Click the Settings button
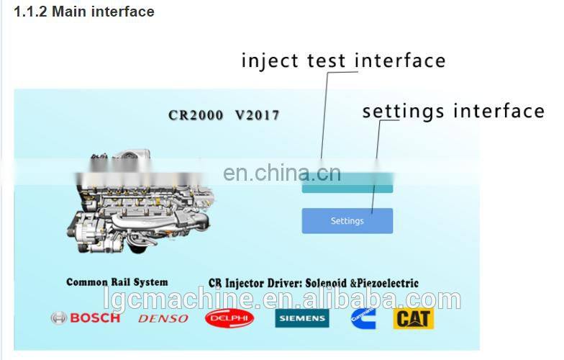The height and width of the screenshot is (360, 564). pos(347,221)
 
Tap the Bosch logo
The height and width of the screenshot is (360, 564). pos(86,318)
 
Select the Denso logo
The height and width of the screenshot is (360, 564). pos(163,318)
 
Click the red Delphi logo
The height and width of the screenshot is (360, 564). pos(229,318)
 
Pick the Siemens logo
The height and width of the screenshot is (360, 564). pos(301,318)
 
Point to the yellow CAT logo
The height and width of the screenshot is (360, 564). pos(413,318)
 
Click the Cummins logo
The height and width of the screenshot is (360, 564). pos(363,318)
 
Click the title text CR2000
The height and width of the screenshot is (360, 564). pos(196,115)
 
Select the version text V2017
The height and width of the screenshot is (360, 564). pos(257,115)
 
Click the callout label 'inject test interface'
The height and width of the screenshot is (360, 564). pos(343,60)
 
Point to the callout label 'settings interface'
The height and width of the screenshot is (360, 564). pos(453,112)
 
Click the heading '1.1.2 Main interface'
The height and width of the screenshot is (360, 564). pos(84,12)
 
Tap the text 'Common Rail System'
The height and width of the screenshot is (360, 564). pos(117,282)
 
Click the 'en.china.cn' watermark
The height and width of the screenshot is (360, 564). pos(281,173)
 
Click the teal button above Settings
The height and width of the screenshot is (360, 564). pos(347,186)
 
